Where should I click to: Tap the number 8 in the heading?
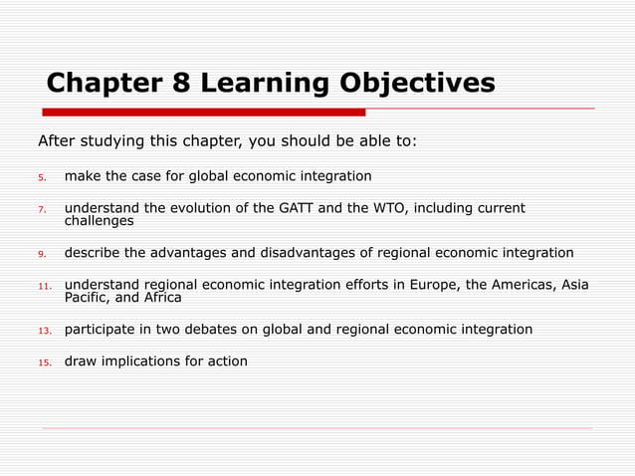click(x=182, y=83)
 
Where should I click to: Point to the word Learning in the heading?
click(x=261, y=83)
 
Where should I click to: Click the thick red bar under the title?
click(x=205, y=112)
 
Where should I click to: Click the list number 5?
click(x=42, y=177)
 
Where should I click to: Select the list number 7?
click(x=42, y=209)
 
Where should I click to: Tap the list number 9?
click(x=42, y=253)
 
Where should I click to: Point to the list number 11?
click(x=44, y=285)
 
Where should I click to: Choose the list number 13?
click(x=44, y=330)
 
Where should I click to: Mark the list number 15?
click(x=44, y=361)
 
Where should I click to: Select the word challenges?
click(x=100, y=221)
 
